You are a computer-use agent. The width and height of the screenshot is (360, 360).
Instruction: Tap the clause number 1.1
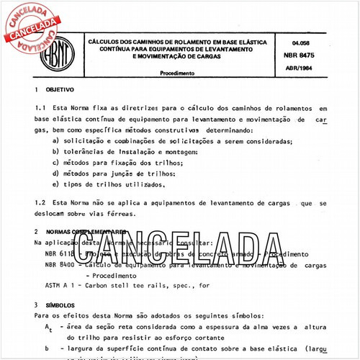40,107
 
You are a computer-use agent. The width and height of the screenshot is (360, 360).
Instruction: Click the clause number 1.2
40,204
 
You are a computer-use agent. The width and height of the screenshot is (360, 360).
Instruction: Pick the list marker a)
56,141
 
